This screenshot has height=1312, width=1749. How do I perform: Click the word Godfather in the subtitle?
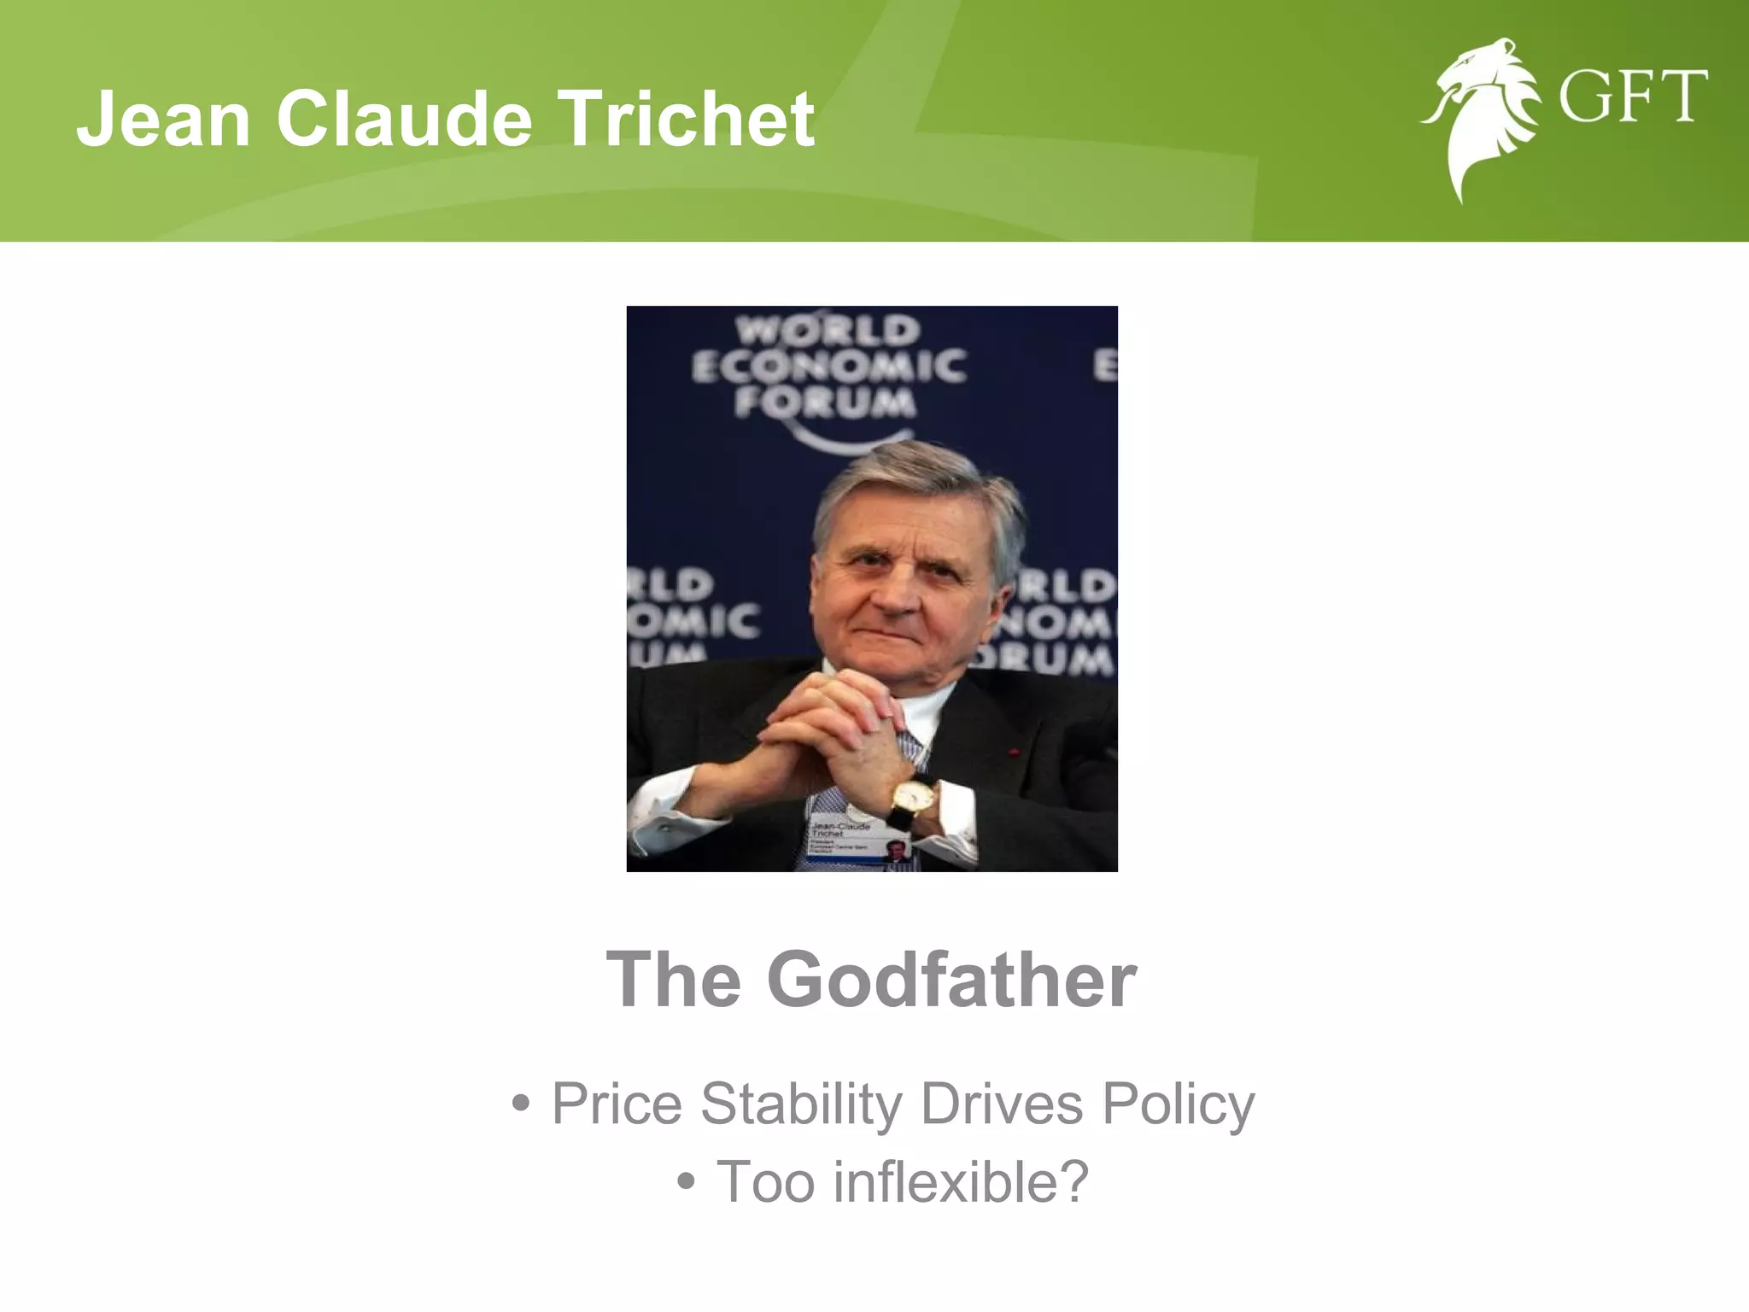click(x=951, y=979)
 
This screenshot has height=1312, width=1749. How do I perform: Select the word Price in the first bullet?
click(x=617, y=1104)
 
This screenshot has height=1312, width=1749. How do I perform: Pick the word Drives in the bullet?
click(x=1002, y=1104)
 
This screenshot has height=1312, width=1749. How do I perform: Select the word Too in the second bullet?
click(x=765, y=1181)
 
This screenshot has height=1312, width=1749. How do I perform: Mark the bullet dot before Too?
click(x=685, y=1183)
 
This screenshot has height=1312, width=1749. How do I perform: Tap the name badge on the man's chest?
click(x=859, y=841)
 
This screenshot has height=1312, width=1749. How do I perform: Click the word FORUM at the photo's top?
click(x=825, y=401)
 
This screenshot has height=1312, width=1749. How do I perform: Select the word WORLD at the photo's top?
click(x=828, y=330)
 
